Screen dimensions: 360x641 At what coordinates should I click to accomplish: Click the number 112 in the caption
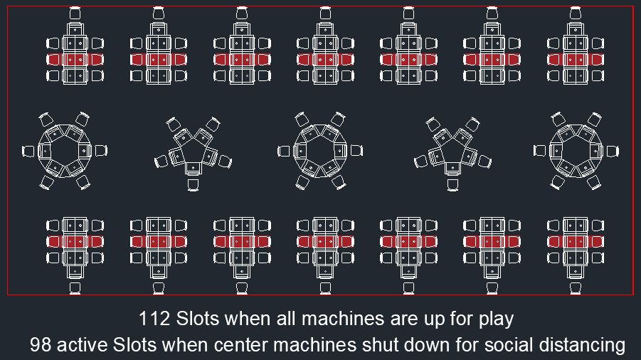(154, 318)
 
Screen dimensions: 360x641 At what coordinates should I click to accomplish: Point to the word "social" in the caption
(504, 345)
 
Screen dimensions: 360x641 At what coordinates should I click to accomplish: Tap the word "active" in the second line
(84, 345)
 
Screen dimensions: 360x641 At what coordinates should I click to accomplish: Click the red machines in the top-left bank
(75, 60)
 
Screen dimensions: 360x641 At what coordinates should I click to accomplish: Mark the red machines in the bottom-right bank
(575, 242)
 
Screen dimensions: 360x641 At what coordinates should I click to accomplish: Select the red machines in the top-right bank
(575, 60)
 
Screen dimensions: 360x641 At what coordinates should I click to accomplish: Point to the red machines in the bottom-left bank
(75, 242)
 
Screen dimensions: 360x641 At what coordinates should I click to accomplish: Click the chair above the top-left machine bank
(75, 14)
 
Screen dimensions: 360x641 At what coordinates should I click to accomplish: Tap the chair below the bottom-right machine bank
(575, 288)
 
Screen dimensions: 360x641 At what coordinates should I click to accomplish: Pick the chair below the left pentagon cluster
(193, 185)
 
